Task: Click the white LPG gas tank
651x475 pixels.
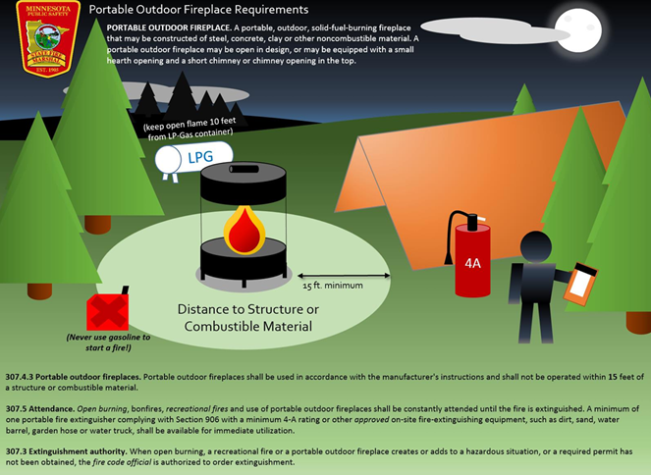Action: pyautogui.click(x=195, y=157)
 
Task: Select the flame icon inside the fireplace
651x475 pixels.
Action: pyautogui.click(x=243, y=230)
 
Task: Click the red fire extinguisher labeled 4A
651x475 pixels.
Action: pyautogui.click(x=472, y=255)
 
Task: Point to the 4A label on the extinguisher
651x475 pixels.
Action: pyautogui.click(x=472, y=263)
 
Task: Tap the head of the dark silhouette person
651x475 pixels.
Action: pyautogui.click(x=538, y=246)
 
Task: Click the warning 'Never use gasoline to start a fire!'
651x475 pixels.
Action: pyautogui.click(x=107, y=343)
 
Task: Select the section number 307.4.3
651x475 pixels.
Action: pyautogui.click(x=27, y=377)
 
